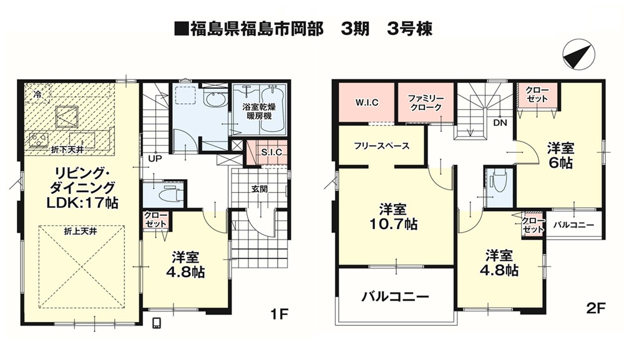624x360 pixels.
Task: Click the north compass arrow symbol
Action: (x=579, y=55)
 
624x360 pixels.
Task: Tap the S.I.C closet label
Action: (x=272, y=152)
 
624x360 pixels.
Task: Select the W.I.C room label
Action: (x=366, y=102)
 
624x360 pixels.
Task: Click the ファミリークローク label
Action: (x=426, y=102)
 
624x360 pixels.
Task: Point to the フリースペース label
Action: (x=382, y=146)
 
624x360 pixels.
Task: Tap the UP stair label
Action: (x=155, y=158)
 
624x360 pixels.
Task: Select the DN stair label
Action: (x=500, y=123)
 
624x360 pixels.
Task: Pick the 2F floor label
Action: (x=596, y=308)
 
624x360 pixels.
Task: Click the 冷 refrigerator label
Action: (x=37, y=95)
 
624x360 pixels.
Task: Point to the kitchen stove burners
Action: (x=39, y=140)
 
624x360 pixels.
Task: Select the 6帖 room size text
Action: (x=560, y=163)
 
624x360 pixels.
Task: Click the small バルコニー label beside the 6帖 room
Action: (x=573, y=225)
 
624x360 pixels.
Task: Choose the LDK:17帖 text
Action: (x=82, y=203)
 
